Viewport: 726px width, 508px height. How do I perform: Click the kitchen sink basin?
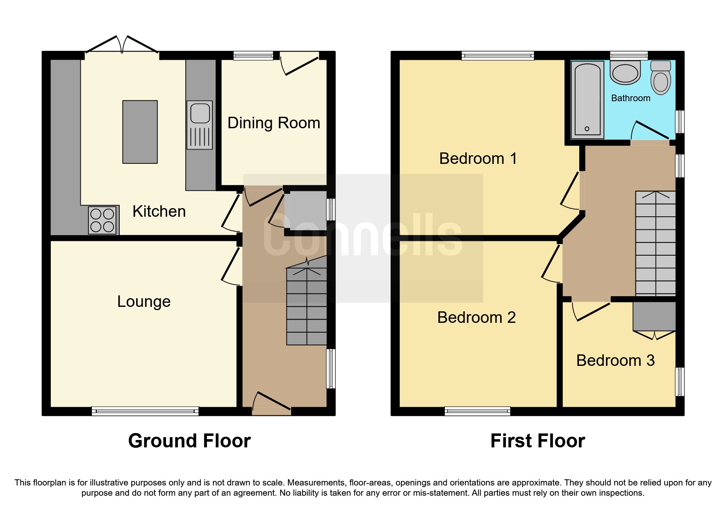pos(200,113)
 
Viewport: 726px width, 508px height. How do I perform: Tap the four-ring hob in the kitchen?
pos(102,220)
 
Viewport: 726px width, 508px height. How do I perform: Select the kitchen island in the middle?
pos(140,132)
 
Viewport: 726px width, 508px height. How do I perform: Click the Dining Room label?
pos(273,123)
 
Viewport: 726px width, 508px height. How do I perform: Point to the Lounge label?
pos(143,302)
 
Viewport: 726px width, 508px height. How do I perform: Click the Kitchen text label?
pos(159,211)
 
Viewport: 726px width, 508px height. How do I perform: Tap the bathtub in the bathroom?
pos(587,99)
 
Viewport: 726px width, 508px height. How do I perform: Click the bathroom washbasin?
pos(625,73)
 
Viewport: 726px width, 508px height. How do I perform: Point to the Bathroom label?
pos(630,98)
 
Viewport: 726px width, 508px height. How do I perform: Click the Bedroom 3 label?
pos(615,361)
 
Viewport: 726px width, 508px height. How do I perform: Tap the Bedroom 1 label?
pos(478,159)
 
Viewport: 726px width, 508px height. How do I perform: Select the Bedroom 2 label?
pos(476,317)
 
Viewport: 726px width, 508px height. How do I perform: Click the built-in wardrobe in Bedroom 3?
pos(654,316)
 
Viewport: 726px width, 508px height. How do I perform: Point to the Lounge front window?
pos(145,411)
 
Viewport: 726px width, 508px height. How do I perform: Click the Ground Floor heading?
pos(189,441)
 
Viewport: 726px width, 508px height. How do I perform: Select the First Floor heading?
pos(537,441)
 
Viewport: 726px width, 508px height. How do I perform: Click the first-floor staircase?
pos(655,243)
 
